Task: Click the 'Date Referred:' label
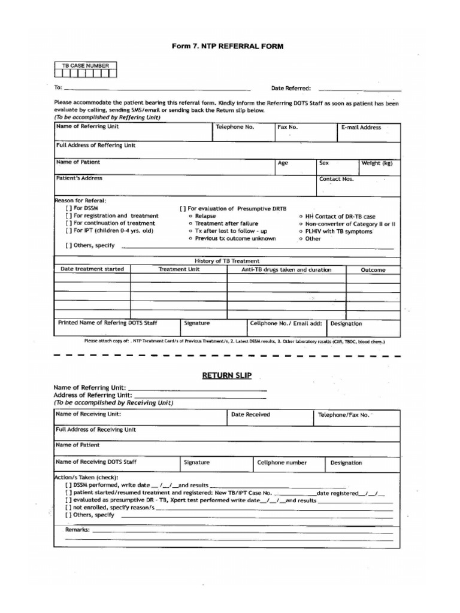tap(291, 88)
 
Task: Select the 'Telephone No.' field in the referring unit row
tap(235, 127)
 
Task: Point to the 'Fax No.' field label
tap(287, 127)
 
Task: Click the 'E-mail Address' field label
tap(361, 127)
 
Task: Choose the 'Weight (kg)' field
tap(377, 163)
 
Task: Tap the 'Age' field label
tap(283, 163)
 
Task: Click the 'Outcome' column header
tap(373, 270)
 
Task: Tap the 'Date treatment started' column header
tap(92, 269)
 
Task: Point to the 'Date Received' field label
tap(250, 414)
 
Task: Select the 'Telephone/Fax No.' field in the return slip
tap(344, 414)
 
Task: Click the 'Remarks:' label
tap(77, 530)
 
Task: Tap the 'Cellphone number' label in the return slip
tap(282, 462)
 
